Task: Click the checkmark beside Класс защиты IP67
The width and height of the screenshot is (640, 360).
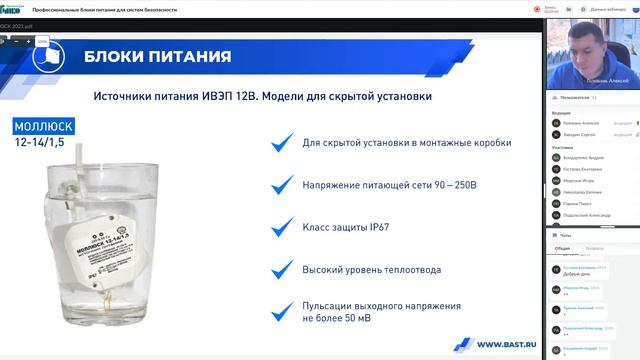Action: point(283,228)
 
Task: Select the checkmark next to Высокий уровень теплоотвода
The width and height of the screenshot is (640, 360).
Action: point(283,271)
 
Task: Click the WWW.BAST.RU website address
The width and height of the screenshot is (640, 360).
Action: point(509,344)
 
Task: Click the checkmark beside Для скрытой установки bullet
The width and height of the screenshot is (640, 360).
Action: point(283,144)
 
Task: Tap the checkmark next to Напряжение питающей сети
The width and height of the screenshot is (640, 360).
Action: point(283,186)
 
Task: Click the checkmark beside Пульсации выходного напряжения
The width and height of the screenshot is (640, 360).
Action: point(283,310)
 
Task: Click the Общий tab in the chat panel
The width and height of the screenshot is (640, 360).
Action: point(563,247)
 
